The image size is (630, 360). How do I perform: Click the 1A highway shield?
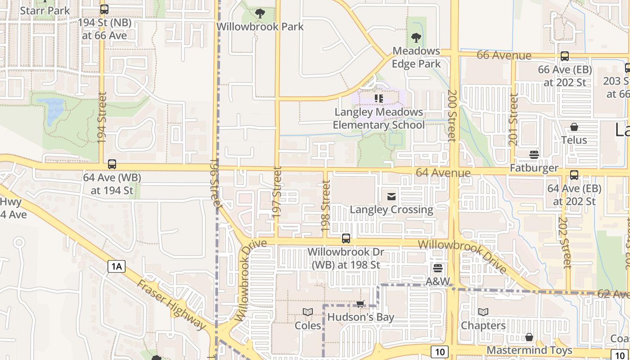point(116,266)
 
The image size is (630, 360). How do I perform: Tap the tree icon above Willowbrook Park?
point(260,13)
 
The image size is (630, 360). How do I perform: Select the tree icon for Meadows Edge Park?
point(416,38)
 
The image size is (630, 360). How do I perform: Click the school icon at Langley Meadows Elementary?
point(378,98)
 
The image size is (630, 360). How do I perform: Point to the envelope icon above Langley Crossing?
point(391,196)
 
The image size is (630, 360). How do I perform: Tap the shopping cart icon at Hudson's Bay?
point(360,304)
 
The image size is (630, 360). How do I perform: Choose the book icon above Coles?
point(308,312)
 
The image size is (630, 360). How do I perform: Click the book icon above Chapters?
point(483,312)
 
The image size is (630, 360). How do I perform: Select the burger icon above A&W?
point(438,268)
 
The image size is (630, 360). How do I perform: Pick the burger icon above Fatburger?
point(534,155)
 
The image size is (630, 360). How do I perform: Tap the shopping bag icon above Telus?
point(574,127)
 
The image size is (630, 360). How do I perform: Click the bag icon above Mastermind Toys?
point(529,337)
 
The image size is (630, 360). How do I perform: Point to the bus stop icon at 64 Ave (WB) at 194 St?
point(112,164)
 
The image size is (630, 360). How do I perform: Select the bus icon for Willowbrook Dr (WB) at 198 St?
point(346,238)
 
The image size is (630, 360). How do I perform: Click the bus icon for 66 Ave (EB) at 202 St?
point(565,56)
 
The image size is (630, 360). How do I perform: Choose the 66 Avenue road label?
point(504,55)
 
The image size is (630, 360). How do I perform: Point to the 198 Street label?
point(326,206)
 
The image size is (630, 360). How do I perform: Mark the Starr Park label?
point(45,10)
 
